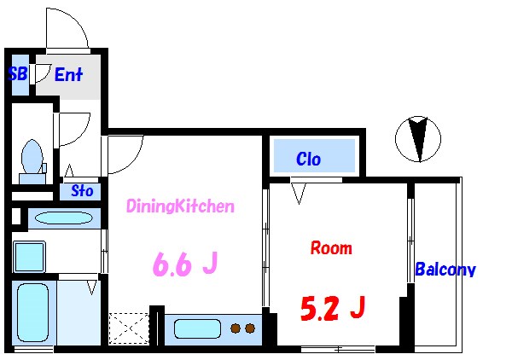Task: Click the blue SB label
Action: (17, 74)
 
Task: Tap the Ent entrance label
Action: (68, 75)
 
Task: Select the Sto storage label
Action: (82, 190)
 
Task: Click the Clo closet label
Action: (308, 159)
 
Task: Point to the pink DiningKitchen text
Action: (180, 206)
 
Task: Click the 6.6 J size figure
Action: (183, 264)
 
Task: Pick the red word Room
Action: (330, 248)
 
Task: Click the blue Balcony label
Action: (445, 270)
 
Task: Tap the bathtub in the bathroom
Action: (33, 313)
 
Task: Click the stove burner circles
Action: (243, 328)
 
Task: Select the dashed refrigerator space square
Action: (129, 328)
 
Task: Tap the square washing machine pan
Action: (31, 256)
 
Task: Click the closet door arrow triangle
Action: (298, 194)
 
